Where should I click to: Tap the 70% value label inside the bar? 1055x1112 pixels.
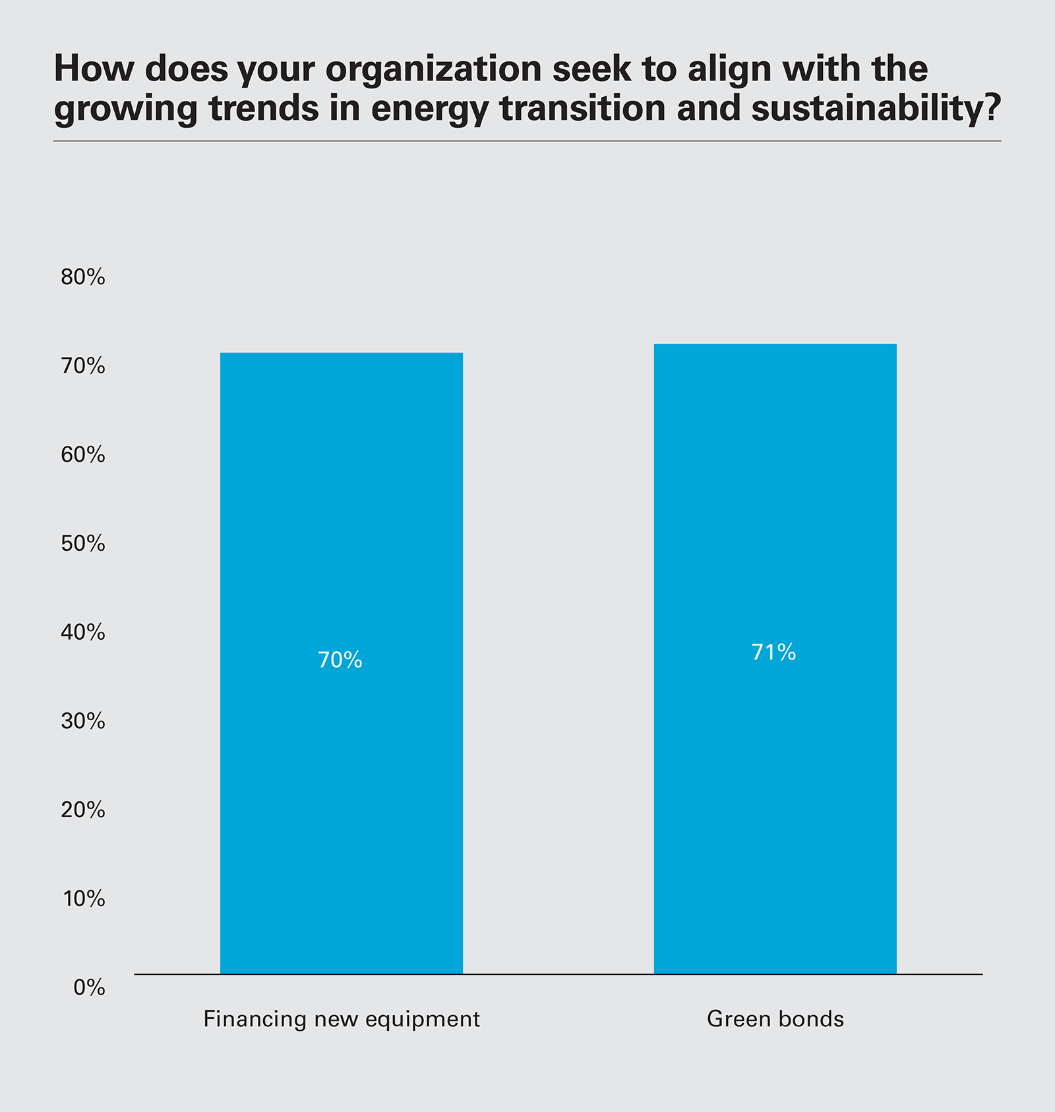[340, 660]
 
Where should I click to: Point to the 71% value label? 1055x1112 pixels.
[774, 652]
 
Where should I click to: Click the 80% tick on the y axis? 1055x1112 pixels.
[83, 278]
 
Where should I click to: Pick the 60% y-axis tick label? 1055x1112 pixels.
[83, 455]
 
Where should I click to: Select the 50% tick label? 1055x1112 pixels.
[83, 544]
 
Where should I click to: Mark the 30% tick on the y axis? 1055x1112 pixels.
[83, 722]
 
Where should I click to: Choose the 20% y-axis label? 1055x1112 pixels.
[83, 810]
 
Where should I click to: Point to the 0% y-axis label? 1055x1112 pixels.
[89, 988]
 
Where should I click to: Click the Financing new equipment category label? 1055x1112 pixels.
[342, 1019]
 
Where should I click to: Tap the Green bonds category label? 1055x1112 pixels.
[775, 1019]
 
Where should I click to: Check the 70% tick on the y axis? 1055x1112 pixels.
[83, 366]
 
